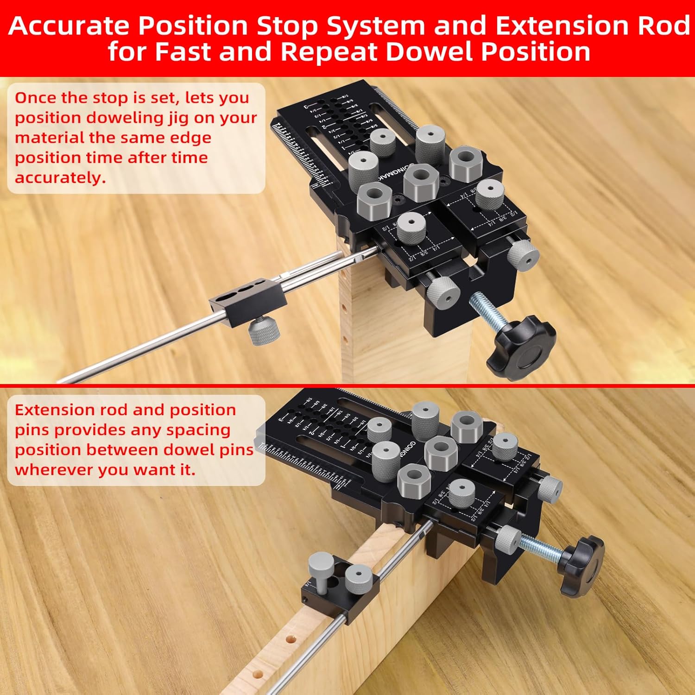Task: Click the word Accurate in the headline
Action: point(68,26)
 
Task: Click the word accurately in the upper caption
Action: point(60,177)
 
